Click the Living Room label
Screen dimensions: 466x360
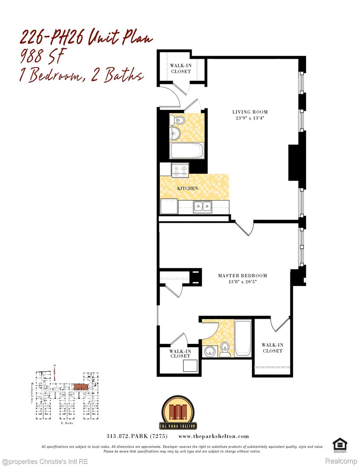[250, 112]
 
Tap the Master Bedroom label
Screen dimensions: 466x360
[242, 275]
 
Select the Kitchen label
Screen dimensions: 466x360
[187, 188]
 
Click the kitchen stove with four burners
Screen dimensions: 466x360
[180, 170]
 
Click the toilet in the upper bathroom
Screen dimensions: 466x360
[177, 120]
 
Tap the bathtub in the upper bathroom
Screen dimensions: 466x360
[187, 150]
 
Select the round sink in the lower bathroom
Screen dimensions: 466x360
[210, 352]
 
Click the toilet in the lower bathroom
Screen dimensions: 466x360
[225, 349]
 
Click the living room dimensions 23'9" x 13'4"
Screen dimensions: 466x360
[250, 118]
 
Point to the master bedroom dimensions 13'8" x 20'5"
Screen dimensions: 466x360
[242, 282]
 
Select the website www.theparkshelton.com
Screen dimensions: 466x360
[214, 436]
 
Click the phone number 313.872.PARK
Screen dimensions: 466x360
[137, 436]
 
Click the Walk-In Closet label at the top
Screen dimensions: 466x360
[181, 69]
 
